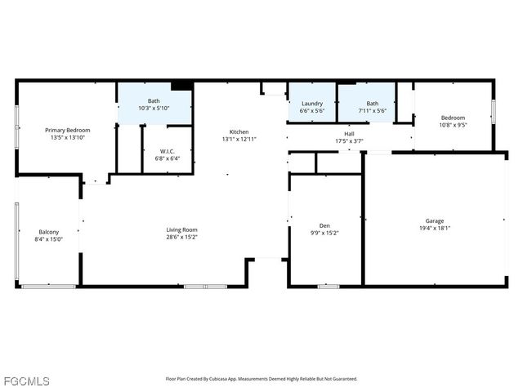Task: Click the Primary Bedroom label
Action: pos(67,130)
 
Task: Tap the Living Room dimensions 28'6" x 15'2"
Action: pos(182,238)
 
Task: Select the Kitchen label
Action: pos(239,131)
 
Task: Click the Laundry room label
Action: pos(312,104)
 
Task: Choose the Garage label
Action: pos(435,220)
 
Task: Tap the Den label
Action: pos(324,225)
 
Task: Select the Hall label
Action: pos(349,134)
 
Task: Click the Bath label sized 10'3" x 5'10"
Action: pos(154,100)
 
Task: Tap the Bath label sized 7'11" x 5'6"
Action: pos(372,104)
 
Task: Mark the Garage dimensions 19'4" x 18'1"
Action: pos(435,228)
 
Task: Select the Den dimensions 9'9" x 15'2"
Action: pos(324,233)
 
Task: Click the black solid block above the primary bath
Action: pos(181,85)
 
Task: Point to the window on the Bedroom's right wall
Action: pos(494,111)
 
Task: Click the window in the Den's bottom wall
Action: pos(328,286)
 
